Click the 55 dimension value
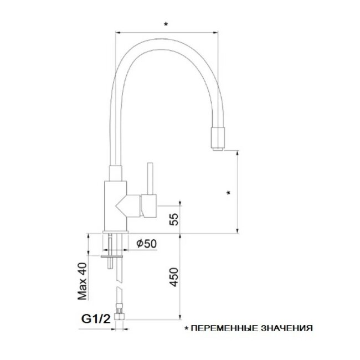coord(174,219)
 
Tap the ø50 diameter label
coord(146,243)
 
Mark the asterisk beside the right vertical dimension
coord(228,193)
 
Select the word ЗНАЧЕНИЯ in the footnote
coord(288,328)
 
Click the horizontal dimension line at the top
coord(166,32)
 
